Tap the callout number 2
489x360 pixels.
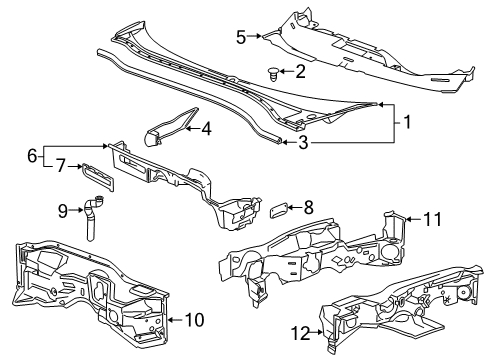pos(299,71)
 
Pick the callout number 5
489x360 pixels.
pos(241,38)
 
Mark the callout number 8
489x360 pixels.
pos(308,208)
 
